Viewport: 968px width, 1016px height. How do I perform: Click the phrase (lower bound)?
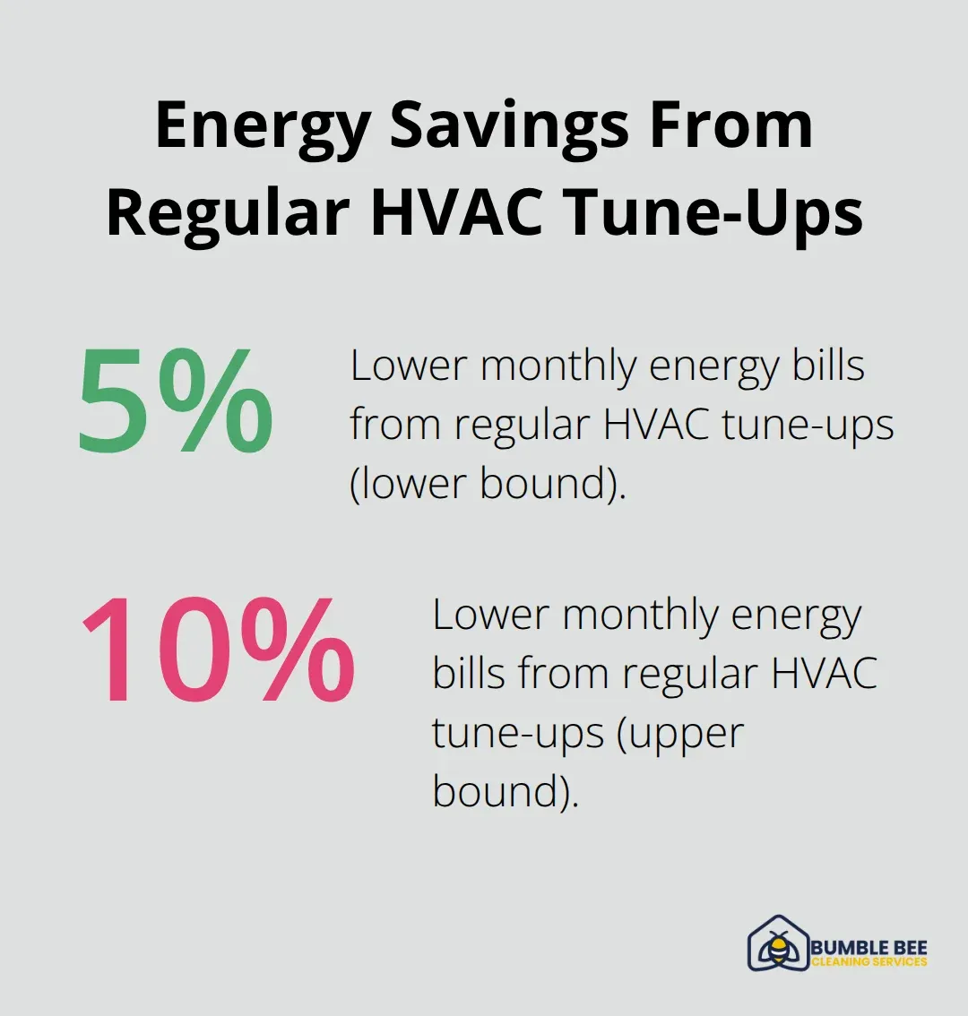(488, 484)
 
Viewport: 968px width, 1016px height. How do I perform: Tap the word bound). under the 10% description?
(506, 792)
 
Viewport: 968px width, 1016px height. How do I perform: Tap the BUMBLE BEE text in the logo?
(869, 947)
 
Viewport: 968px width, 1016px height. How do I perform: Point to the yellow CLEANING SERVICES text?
(869, 962)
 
